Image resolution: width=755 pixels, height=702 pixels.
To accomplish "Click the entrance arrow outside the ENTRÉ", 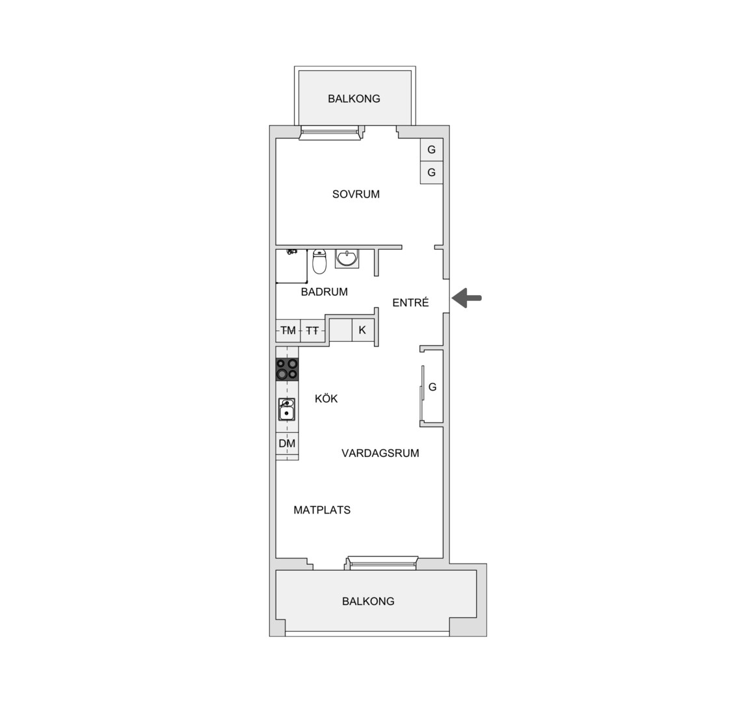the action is pos(466,298).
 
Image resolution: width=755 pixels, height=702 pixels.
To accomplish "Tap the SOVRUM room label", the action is pos(356,194).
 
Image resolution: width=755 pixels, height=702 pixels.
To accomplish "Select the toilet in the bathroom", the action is pos(319,261).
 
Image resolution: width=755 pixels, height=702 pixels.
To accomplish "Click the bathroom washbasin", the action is pos(347,259).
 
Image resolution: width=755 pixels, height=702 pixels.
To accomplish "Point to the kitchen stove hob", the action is pos(287,369).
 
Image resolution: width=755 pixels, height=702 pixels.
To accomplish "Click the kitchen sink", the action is pos(287,409).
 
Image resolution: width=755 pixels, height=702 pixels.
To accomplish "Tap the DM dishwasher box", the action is pos(287,443).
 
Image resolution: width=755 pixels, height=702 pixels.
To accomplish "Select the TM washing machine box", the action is pos(288,331).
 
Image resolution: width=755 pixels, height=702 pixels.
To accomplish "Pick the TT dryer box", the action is pos(313,331).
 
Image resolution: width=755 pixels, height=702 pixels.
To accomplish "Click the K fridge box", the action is pos(363,330).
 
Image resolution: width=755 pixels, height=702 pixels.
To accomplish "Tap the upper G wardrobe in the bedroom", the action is pos(431,149).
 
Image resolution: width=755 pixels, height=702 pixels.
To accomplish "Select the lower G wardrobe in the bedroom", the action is pos(431,172).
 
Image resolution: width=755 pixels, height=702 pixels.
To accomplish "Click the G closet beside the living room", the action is pos(432,387).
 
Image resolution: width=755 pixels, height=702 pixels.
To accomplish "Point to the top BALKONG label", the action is pos(354,99).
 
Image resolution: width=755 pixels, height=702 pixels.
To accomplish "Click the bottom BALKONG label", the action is pos(368,601).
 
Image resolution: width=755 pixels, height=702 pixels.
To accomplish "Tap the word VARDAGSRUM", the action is pos(380,453).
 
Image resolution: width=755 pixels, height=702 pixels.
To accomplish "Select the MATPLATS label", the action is pos(322,510).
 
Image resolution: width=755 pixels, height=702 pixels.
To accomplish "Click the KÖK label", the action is pos(326,398).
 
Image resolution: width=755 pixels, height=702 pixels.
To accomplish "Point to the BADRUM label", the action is pos(324,292).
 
